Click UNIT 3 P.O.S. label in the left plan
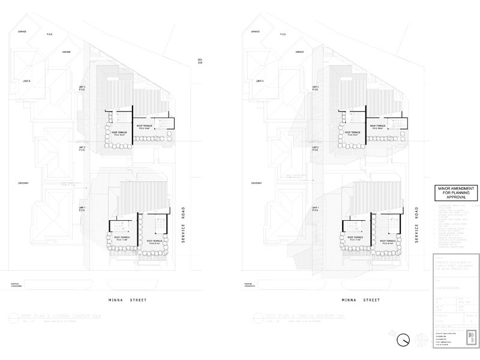click(x=82, y=88)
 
